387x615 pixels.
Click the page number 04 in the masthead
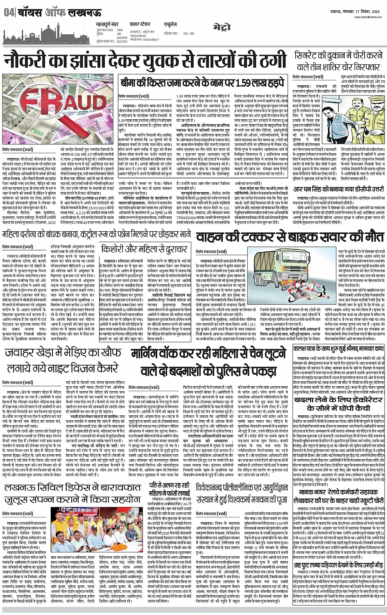pos(8,13)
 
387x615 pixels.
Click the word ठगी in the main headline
pos(267,61)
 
